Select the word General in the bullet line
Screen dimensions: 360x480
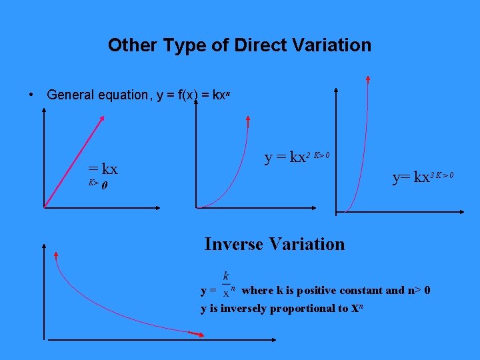pyautogui.click(x=69, y=95)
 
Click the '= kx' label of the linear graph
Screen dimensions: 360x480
pyautogui.click(x=103, y=169)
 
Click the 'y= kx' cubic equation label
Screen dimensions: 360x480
pyautogui.click(x=413, y=177)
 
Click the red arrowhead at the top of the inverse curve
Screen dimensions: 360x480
pyautogui.click(x=56, y=256)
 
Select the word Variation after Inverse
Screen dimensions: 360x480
pyautogui.click(x=310, y=244)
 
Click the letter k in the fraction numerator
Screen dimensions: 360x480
pyautogui.click(x=226, y=275)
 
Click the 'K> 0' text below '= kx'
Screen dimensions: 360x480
pyautogui.click(x=98, y=184)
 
